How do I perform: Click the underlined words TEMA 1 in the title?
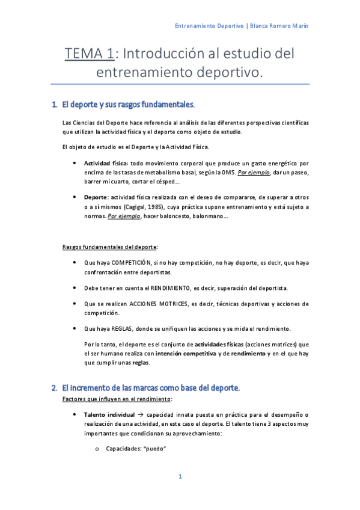(90, 55)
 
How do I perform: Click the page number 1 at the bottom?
(180, 476)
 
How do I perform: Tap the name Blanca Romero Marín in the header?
(279, 26)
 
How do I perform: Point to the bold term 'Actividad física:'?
(106, 163)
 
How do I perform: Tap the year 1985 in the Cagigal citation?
(158, 207)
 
